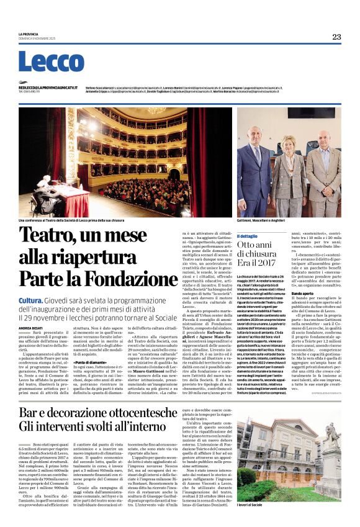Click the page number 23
click(x=336, y=37)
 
